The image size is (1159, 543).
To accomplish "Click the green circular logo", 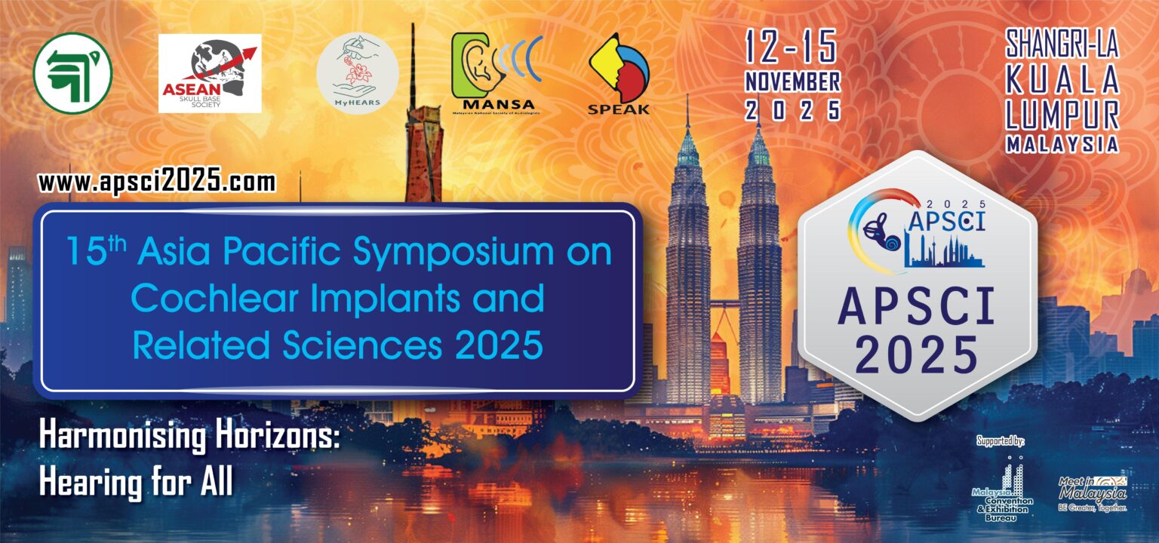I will (72, 73).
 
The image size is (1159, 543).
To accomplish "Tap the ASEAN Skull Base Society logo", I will (209, 73).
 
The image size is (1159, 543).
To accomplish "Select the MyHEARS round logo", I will (357, 74).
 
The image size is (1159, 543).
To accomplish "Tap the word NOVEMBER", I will (792, 81).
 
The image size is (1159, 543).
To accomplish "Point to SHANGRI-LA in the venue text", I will (1062, 47).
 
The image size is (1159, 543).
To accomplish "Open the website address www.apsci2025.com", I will (157, 182).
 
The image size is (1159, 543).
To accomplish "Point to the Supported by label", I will (1005, 440).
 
